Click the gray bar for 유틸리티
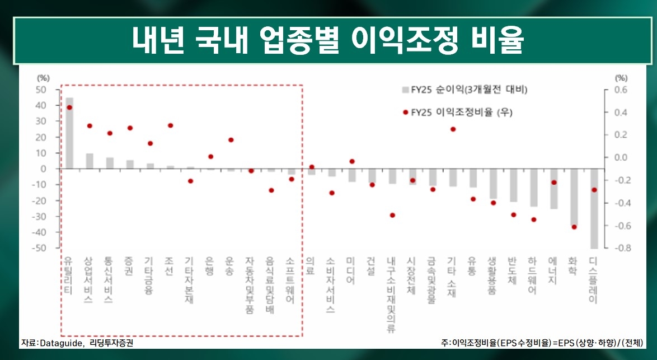pos(69,133)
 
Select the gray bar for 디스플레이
pos(594,208)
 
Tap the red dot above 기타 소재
pos(453,129)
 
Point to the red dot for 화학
pos(574,227)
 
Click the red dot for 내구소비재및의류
pos(392,215)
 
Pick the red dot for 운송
pos(231,140)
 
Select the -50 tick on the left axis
pos(41,248)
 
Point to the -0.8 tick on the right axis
pos(621,248)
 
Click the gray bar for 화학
pos(574,197)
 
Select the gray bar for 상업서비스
pos(90,161)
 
